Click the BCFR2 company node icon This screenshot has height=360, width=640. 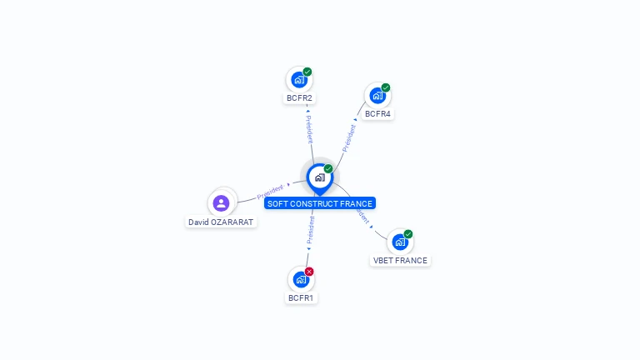[x=298, y=80]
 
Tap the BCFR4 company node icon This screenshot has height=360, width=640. [x=377, y=96]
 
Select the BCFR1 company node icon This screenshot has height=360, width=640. [x=300, y=279]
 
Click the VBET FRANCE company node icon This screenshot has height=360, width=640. [x=400, y=242]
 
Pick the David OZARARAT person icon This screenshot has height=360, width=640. [x=221, y=202]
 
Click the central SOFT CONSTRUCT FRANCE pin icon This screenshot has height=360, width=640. [x=319, y=177]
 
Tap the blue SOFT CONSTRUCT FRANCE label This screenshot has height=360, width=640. [x=320, y=203]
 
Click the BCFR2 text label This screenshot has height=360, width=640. [x=299, y=98]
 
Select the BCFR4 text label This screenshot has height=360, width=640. [x=377, y=113]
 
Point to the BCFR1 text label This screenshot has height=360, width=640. [x=301, y=297]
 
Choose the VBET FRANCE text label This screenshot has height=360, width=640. [x=400, y=260]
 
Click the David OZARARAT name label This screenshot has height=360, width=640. [x=221, y=222]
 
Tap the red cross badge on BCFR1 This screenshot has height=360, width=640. [x=309, y=272]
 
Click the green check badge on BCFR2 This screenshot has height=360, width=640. [x=307, y=72]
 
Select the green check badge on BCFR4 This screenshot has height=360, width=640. [x=386, y=87]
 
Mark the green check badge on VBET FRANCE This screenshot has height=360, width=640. [x=408, y=234]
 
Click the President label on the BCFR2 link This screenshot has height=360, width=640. [x=308, y=127]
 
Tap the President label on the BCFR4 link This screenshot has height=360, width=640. [x=348, y=137]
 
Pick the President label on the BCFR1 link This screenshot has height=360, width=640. [x=310, y=230]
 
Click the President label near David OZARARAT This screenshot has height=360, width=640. [x=270, y=191]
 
